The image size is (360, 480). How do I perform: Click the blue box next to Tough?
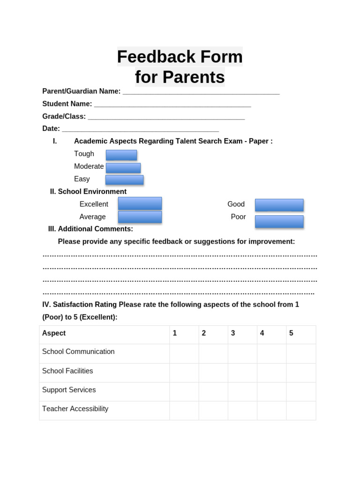pos(121,155)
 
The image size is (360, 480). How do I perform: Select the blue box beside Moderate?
pos(123,168)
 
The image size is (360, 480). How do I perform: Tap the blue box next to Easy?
pos(124,180)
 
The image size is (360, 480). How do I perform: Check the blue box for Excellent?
pos(140,203)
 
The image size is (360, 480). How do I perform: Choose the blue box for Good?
pos(279,205)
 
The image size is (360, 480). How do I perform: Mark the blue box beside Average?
pos(140,217)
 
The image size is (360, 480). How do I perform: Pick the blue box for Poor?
pos(279,221)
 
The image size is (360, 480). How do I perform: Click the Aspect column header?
pos(54,333)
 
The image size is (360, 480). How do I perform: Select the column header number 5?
pos(291,333)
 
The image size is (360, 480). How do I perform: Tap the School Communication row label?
pos(78,352)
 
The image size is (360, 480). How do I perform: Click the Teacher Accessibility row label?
pos(75,409)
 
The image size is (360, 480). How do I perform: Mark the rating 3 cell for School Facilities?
pos(242,373)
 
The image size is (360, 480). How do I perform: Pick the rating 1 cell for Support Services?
pos(184,391)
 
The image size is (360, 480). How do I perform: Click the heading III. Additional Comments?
pos(90,229)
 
